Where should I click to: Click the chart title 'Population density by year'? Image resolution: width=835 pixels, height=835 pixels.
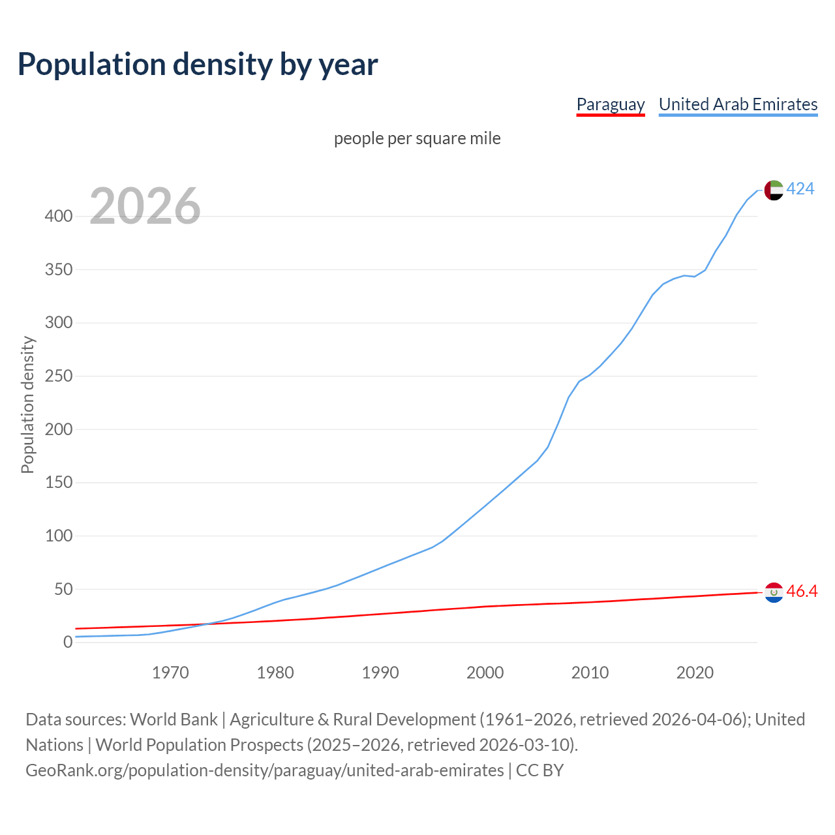[198, 65]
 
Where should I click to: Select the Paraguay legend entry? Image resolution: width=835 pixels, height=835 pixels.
[611, 104]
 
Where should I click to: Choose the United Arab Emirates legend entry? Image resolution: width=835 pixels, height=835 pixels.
[738, 104]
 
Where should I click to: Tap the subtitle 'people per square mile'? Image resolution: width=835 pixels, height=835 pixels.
[417, 138]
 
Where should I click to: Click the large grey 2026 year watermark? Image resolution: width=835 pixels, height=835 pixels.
[145, 206]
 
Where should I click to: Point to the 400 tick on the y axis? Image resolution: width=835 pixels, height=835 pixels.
[59, 216]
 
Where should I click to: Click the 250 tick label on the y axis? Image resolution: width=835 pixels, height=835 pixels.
[59, 376]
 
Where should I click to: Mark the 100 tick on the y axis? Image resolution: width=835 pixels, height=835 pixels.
[59, 536]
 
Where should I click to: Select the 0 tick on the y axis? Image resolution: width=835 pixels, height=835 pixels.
[68, 643]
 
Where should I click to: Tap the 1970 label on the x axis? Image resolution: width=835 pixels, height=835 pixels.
[170, 673]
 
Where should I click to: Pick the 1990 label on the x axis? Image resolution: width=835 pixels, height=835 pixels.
[380, 673]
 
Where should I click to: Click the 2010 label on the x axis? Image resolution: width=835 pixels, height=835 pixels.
[590, 673]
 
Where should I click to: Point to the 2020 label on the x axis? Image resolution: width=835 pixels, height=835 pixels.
[695, 673]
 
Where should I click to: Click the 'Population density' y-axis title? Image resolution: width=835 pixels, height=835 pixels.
[27, 404]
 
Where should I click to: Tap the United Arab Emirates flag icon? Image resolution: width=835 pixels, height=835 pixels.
[774, 190]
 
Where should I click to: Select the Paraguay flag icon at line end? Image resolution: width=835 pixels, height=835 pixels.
[774, 592]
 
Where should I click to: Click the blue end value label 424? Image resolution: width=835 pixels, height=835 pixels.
[800, 189]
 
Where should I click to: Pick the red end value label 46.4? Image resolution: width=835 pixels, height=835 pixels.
[802, 592]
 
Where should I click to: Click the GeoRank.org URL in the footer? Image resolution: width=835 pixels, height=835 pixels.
[264, 770]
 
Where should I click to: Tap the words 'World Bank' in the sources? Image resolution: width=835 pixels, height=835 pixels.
[174, 720]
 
